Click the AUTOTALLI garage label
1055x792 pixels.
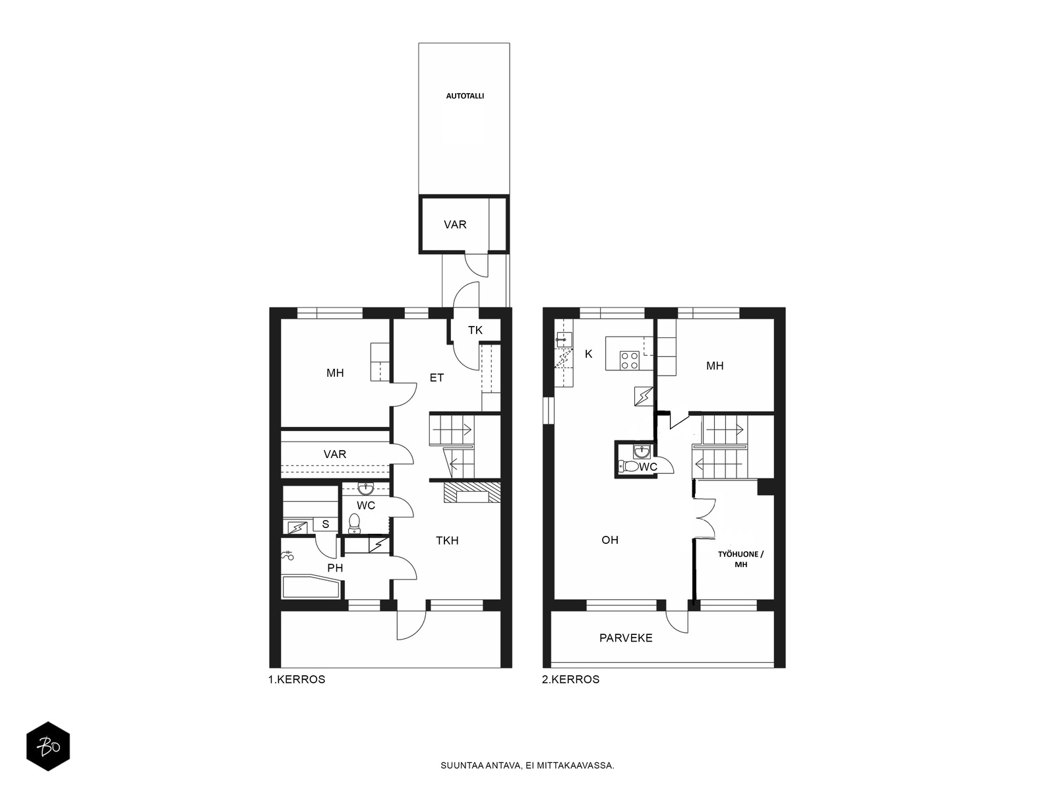[465, 96]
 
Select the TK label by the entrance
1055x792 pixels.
[475, 331]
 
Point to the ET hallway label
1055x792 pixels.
[437, 378]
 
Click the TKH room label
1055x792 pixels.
[447, 541]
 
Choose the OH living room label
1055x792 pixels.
[610, 540]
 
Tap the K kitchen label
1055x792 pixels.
[588, 354]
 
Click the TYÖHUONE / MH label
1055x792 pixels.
[740, 559]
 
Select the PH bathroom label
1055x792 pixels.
[335, 568]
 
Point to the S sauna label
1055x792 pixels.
[325, 524]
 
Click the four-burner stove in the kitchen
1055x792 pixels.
[630, 360]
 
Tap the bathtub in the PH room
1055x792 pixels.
[311, 587]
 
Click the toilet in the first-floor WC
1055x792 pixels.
[353, 523]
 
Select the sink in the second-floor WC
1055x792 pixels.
[642, 451]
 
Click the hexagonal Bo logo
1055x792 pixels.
[48, 746]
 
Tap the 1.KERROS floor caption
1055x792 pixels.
[297, 680]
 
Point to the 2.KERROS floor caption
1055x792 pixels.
[570, 680]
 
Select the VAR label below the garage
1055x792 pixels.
[455, 224]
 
